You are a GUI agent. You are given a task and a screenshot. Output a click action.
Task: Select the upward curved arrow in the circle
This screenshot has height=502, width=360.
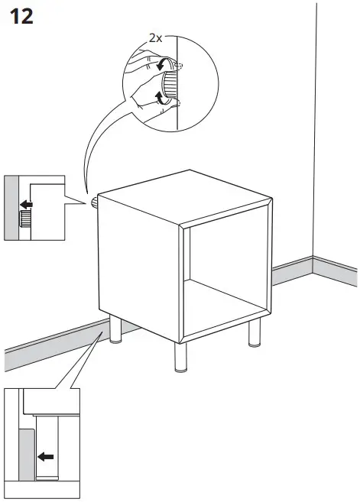click(x=159, y=96)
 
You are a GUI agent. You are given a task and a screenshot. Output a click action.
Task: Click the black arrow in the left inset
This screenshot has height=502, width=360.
click(x=26, y=204)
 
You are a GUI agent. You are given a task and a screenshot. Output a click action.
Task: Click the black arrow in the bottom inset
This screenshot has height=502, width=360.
click(x=47, y=457)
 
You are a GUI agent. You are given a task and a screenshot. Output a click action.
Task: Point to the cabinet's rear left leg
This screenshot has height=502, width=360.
click(x=114, y=333)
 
